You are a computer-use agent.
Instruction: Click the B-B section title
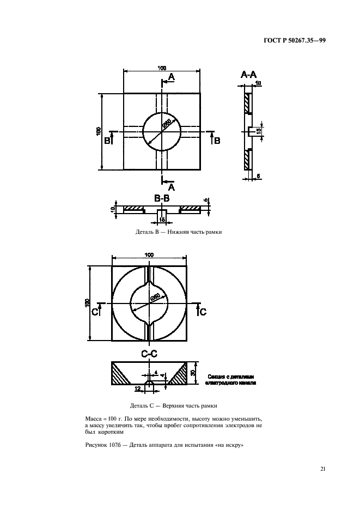pyautogui.click(x=161, y=199)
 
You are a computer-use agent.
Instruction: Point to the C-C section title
pyautogui.click(x=149, y=354)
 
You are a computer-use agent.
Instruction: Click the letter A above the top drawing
pyautogui.click(x=171, y=78)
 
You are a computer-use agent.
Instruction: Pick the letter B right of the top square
pyautogui.click(x=217, y=141)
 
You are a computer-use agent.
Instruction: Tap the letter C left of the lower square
pyautogui.click(x=95, y=312)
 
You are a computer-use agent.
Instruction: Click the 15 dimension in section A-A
pyautogui.click(x=259, y=131)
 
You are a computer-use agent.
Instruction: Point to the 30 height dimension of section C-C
pyautogui.click(x=194, y=373)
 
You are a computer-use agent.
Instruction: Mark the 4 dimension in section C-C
pyautogui.click(x=156, y=373)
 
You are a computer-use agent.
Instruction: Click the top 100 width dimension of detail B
pyautogui.click(x=162, y=68)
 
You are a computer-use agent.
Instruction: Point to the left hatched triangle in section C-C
pyautogui.click(x=123, y=375)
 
